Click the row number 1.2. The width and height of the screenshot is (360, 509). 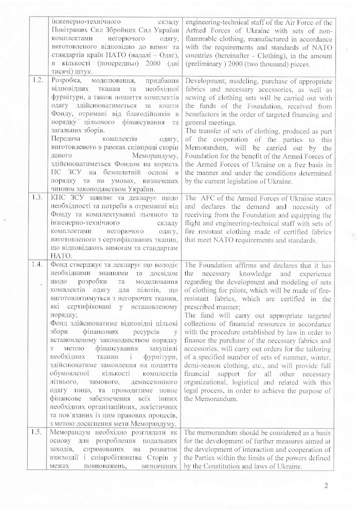(38, 81)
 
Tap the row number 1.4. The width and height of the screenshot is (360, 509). (38, 265)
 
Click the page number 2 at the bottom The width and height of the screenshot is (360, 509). (326, 485)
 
